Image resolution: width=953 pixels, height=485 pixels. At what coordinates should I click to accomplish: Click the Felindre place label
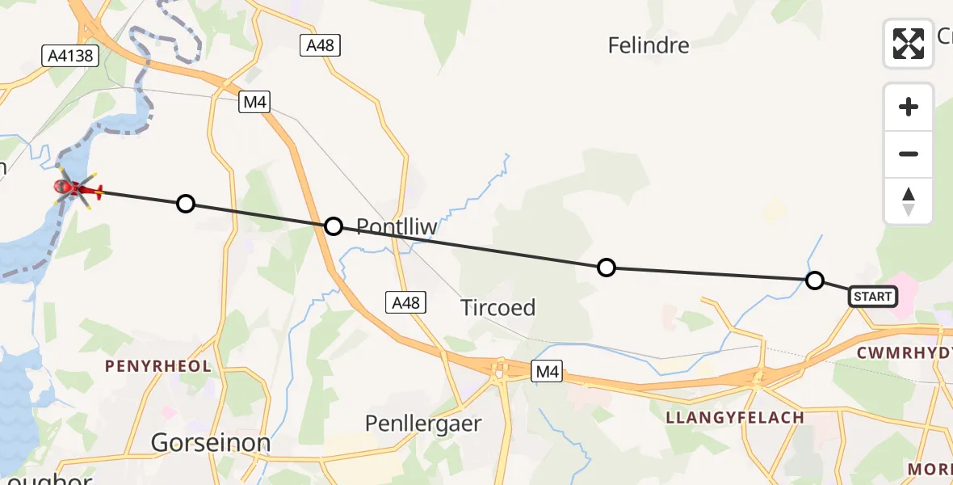pyautogui.click(x=649, y=45)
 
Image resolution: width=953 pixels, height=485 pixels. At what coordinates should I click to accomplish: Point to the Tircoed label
pyautogui.click(x=497, y=308)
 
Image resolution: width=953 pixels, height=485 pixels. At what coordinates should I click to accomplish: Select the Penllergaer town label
pyautogui.click(x=423, y=424)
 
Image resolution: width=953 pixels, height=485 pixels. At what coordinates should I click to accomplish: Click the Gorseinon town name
pyautogui.click(x=211, y=443)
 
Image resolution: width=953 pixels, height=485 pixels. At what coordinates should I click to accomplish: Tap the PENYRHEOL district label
pyautogui.click(x=158, y=366)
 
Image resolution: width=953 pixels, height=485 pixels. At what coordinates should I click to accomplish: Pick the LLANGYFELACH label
pyautogui.click(x=734, y=418)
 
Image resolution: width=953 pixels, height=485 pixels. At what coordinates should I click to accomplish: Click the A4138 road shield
pyautogui.click(x=70, y=56)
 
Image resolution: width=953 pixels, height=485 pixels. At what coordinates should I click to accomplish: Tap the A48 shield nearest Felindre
pyautogui.click(x=321, y=45)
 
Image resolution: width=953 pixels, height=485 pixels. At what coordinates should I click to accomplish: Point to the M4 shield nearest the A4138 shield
pyautogui.click(x=254, y=102)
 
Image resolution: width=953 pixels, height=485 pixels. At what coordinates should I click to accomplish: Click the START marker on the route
pyautogui.click(x=872, y=297)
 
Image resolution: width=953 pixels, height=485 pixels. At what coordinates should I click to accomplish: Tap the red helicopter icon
pyautogui.click(x=77, y=190)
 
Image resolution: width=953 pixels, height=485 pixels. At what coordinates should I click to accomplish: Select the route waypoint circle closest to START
pyautogui.click(x=815, y=280)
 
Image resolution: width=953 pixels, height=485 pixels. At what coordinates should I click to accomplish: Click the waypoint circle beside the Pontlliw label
pyautogui.click(x=334, y=226)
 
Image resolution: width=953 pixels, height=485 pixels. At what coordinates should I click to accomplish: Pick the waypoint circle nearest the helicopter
pyautogui.click(x=186, y=204)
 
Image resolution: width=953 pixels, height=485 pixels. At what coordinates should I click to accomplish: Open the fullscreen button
pyautogui.click(x=909, y=44)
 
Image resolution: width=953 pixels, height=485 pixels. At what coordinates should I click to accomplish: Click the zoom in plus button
pyautogui.click(x=909, y=107)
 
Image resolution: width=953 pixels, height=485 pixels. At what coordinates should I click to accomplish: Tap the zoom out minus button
pyautogui.click(x=909, y=154)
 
